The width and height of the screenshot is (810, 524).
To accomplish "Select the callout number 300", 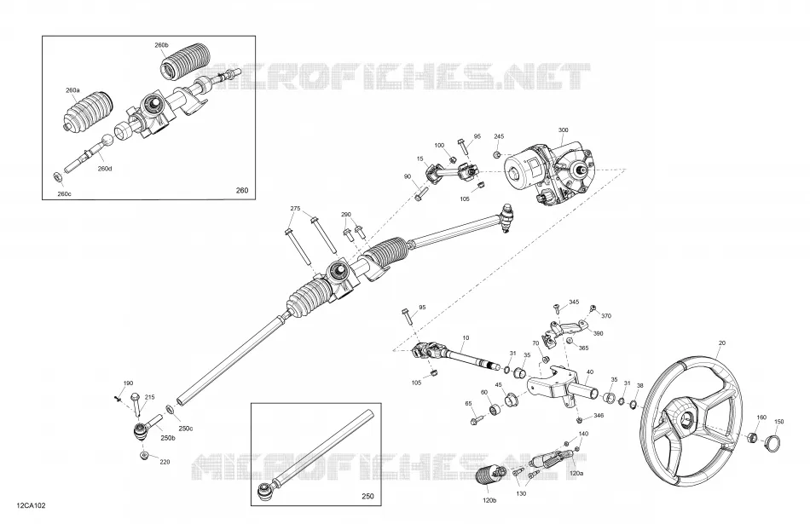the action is point(563,130).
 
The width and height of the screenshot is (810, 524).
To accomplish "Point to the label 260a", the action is point(72,90).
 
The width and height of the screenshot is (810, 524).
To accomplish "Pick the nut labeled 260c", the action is point(58,177).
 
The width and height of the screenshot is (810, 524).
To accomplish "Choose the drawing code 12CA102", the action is point(31,505).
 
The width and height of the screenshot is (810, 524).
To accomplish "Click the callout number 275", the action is point(295,209).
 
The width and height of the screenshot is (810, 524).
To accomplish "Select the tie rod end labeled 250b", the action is point(145,428).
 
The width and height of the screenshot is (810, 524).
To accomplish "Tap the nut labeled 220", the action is point(144,455).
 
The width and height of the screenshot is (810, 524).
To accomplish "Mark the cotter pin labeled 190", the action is point(118,397).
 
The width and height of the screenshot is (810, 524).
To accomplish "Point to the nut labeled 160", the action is point(753,437).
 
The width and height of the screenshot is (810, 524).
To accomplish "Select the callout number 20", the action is point(721,343).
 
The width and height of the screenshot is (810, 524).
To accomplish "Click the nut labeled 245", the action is point(497,154).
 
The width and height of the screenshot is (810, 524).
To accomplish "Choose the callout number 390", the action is point(598,333).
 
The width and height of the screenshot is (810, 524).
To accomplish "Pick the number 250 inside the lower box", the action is point(367,497).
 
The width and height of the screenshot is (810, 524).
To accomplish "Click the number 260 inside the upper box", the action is point(242,190).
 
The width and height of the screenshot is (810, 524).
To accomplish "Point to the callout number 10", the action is point(466,338).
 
